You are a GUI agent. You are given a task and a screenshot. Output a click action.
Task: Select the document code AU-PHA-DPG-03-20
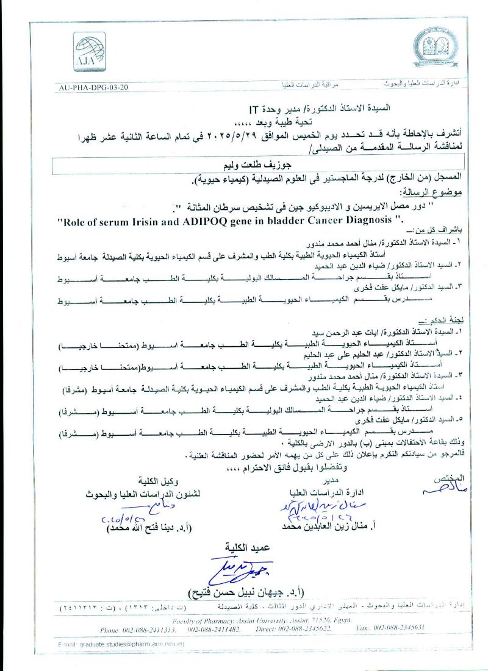94,87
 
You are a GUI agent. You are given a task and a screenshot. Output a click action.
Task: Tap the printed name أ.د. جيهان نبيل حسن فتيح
251,592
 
